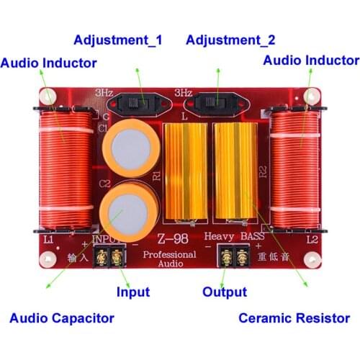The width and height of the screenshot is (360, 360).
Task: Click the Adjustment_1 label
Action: point(117,40)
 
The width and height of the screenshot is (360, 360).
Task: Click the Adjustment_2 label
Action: point(230,40)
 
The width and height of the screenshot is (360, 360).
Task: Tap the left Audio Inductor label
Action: point(48,63)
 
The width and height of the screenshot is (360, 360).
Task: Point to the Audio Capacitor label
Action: point(61,318)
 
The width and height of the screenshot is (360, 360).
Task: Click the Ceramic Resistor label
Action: point(294,318)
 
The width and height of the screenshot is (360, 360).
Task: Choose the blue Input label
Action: point(132,292)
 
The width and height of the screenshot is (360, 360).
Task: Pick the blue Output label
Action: point(224,292)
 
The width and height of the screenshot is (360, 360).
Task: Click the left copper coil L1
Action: point(61,170)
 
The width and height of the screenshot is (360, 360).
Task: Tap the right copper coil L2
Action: point(295,170)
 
